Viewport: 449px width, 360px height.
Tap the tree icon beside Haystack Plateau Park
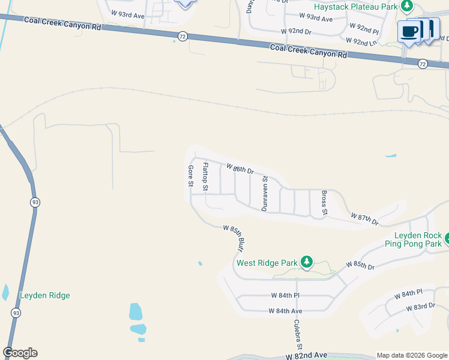[408, 6]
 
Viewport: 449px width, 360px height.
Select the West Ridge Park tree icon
[307, 262]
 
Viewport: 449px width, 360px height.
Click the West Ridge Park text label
[267, 263]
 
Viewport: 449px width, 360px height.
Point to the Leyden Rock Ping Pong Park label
[418, 239]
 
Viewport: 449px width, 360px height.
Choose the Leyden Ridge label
[45, 295]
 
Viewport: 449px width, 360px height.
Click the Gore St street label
[190, 176]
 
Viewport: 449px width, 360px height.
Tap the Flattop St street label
[205, 176]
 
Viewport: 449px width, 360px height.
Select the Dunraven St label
[264, 193]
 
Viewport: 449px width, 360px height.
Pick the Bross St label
[324, 203]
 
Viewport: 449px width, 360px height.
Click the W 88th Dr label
[240, 169]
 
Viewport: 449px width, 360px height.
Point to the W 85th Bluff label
[235, 236]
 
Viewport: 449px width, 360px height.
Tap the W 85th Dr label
[360, 265]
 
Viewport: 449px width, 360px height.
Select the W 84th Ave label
[286, 311]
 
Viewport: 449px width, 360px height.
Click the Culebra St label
[297, 335]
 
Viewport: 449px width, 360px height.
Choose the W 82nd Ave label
[306, 356]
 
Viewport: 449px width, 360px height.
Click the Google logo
[20, 353]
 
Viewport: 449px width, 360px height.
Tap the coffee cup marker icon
[409, 32]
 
